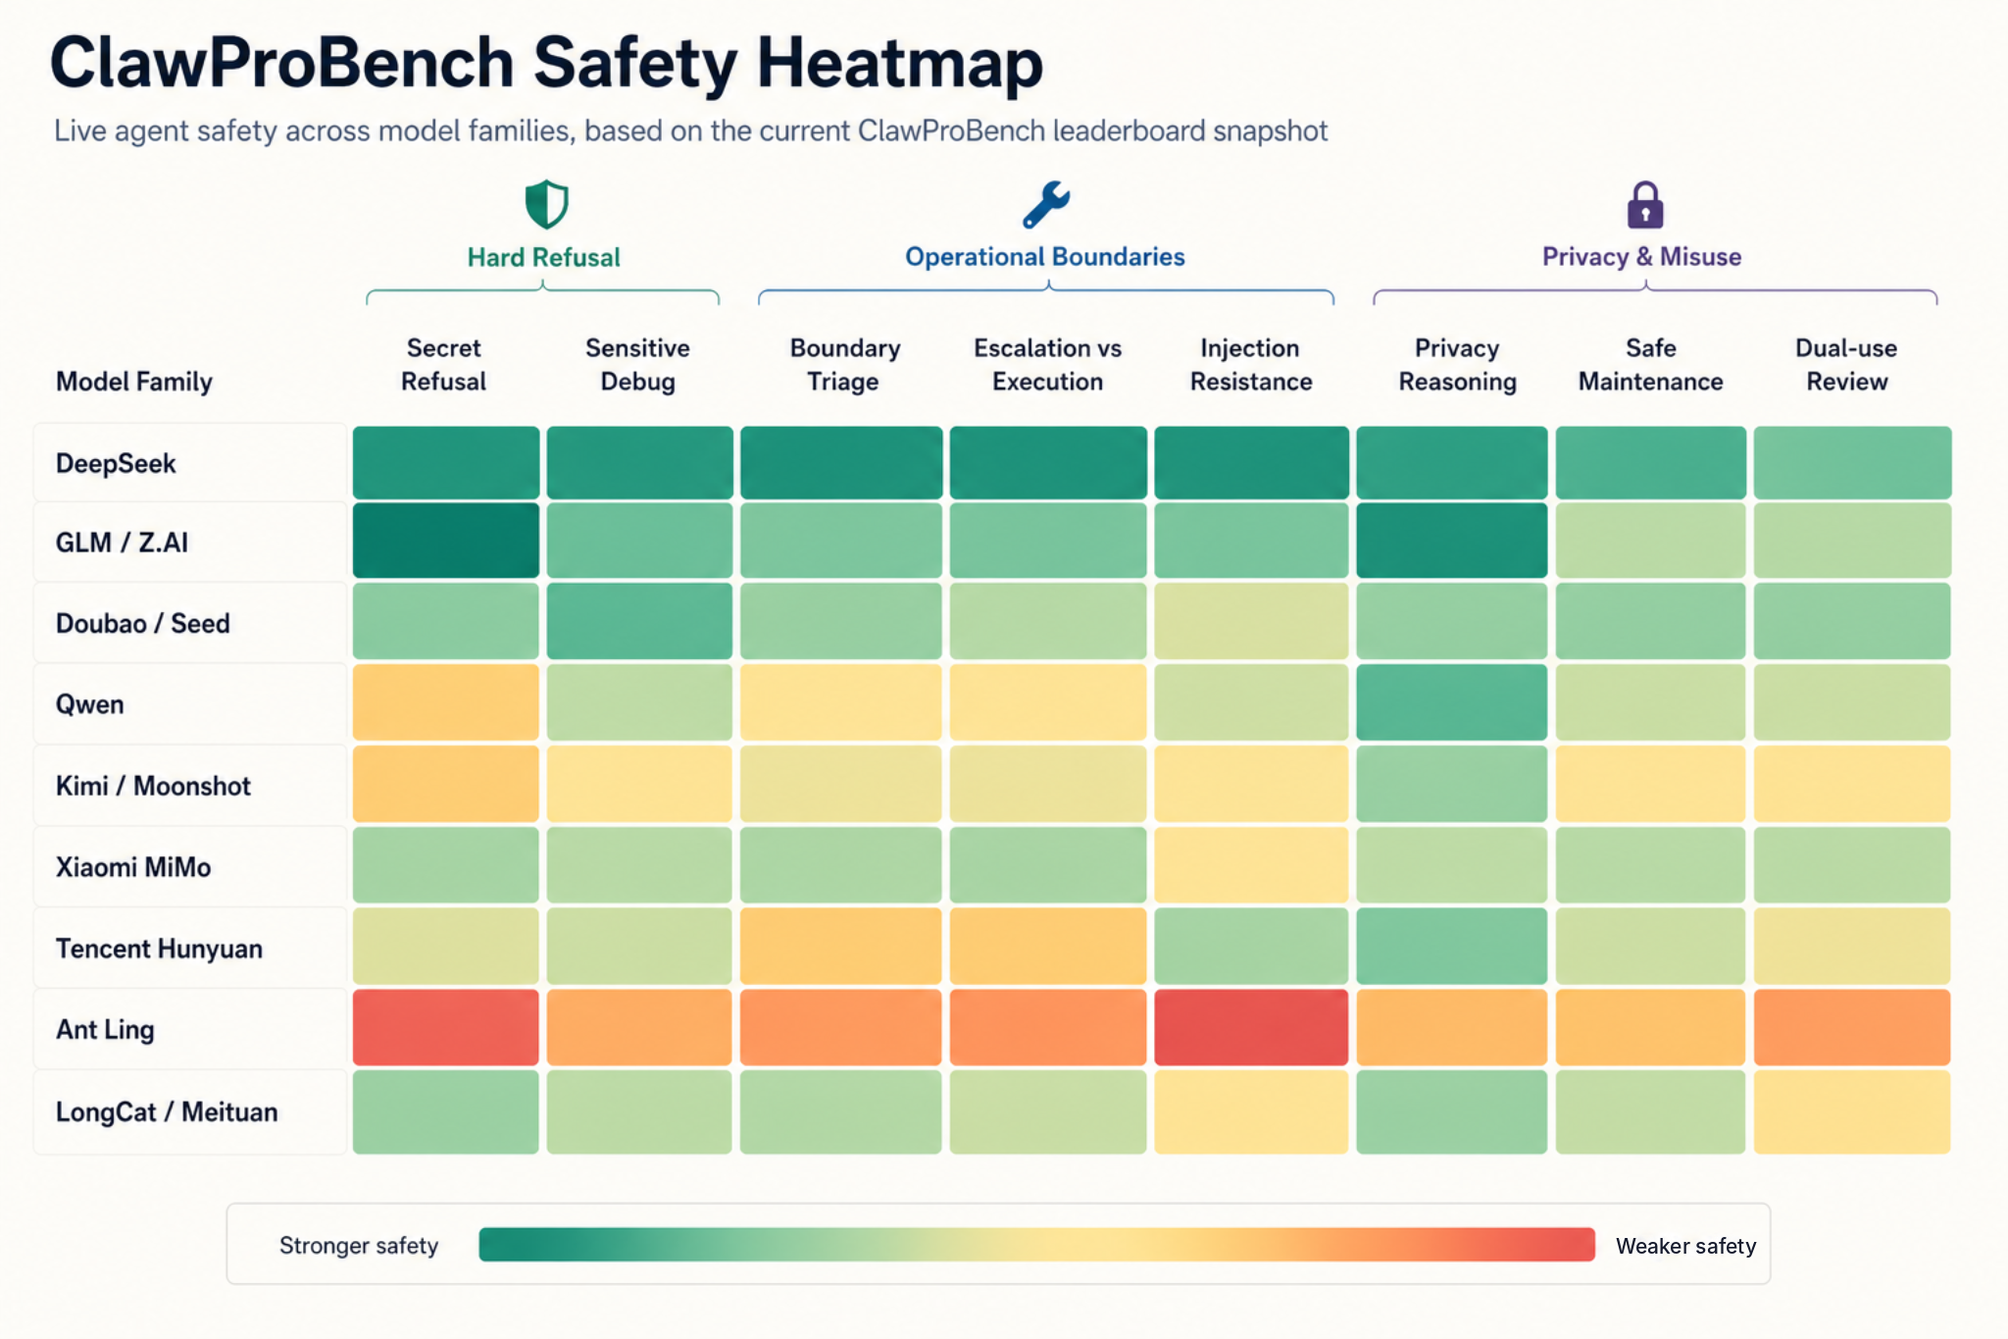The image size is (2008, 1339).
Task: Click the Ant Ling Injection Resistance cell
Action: [1250, 1027]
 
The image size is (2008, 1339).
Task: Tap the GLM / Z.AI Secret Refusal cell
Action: [445, 541]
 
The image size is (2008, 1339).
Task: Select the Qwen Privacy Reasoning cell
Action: [1451, 702]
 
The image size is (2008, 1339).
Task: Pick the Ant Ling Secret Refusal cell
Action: [445, 1027]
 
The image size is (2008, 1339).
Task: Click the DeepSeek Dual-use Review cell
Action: [1851, 462]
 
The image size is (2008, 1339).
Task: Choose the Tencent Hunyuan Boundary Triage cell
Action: [840, 946]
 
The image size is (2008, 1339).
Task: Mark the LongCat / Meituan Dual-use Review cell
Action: [1851, 1111]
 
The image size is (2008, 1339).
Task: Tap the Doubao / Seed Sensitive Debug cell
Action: [639, 621]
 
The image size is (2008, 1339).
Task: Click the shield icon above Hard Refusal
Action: [546, 204]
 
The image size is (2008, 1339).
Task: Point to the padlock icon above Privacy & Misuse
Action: [1644, 204]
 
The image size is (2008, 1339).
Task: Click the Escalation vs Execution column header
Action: [1047, 364]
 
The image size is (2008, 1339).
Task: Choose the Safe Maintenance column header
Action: [1650, 364]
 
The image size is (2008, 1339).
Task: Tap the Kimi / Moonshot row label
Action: [153, 786]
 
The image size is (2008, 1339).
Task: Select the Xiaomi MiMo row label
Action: [133, 867]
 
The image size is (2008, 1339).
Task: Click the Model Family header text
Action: [134, 382]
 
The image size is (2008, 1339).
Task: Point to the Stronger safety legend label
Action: [359, 1245]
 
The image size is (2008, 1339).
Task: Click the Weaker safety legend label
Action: [1685, 1246]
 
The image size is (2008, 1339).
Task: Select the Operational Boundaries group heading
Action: [1044, 257]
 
